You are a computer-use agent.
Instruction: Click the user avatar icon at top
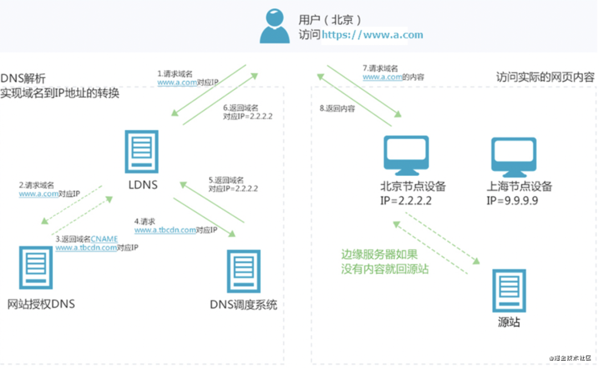point(275,26)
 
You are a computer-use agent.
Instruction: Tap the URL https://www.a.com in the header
point(372,35)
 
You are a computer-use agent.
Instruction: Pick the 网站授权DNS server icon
point(36,268)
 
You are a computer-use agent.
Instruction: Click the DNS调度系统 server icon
point(243,271)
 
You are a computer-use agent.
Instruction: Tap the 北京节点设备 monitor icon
point(406,155)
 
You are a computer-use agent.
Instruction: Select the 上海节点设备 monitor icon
point(514,155)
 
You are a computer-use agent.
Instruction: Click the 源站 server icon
point(509,290)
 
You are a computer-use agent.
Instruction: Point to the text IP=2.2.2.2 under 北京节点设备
point(406,201)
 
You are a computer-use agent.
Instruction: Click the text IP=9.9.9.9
point(512,201)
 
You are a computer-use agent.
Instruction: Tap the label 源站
point(509,322)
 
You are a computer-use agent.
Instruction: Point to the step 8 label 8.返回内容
point(337,109)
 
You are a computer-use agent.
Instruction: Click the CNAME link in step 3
point(104,239)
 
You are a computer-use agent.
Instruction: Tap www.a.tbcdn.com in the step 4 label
point(165,229)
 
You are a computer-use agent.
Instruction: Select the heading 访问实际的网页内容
point(545,78)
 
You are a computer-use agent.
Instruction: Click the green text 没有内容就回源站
point(385,269)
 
